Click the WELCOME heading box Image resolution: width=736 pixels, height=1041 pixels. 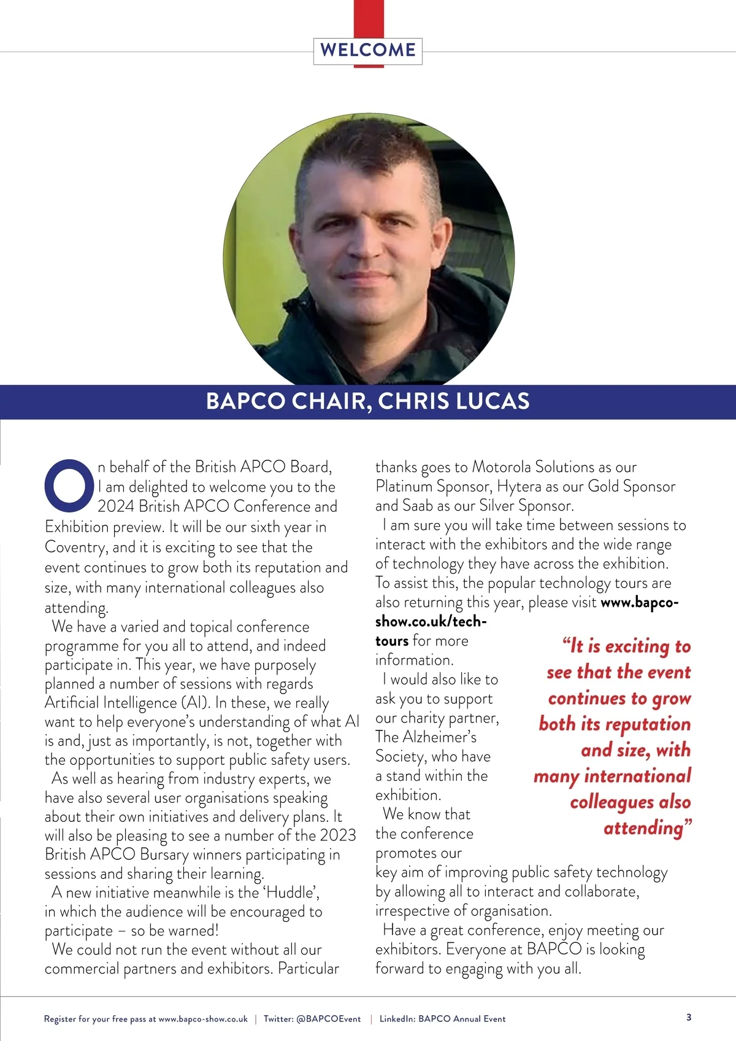368,50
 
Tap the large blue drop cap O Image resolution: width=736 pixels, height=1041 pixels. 69,485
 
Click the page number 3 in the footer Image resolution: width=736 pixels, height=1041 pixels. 689,1017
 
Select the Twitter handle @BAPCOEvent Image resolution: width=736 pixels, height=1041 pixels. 329,1019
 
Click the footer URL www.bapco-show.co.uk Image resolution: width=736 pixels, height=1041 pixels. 203,1019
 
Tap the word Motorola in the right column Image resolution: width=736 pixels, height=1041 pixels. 502,467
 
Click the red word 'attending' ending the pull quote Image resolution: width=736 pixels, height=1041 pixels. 644,828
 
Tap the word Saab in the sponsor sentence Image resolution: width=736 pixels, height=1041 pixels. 418,505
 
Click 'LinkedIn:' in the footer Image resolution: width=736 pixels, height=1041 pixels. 397,1019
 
